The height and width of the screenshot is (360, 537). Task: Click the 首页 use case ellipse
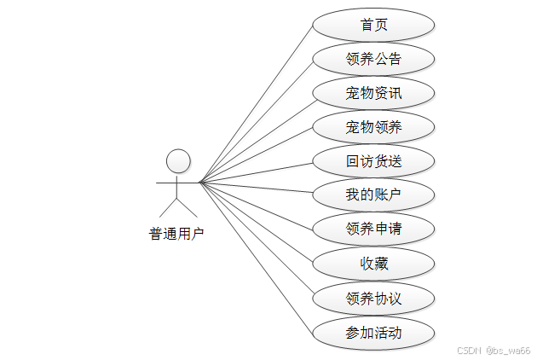(x=373, y=25)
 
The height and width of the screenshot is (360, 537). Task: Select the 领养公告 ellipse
(x=373, y=59)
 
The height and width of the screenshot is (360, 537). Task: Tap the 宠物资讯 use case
(x=373, y=93)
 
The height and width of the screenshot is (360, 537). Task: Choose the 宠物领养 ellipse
(x=373, y=127)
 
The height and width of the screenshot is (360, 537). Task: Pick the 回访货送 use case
(x=373, y=161)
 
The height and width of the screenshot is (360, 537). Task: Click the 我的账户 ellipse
(x=373, y=195)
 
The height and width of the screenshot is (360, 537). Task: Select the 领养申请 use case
(x=373, y=229)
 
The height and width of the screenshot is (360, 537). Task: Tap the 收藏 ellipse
(x=373, y=264)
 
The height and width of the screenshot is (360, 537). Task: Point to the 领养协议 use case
(x=373, y=299)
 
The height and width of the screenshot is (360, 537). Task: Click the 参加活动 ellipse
(x=373, y=333)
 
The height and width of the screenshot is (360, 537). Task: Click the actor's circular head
(x=177, y=160)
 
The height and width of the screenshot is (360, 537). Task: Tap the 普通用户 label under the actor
(x=176, y=234)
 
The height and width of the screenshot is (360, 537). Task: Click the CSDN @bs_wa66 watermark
(x=494, y=351)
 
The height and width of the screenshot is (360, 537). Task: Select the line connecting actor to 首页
(x=256, y=104)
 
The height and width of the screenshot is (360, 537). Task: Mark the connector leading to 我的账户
(x=256, y=189)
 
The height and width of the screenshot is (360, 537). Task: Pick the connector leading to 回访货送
(x=256, y=171)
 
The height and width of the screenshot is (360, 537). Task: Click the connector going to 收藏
(x=256, y=222)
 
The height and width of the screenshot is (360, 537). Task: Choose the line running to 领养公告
(x=256, y=121)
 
